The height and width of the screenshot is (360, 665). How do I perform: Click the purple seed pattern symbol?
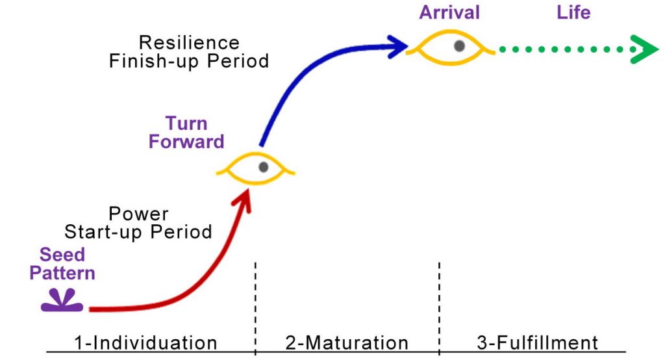(x=62, y=301)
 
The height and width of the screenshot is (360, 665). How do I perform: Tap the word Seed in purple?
(x=62, y=255)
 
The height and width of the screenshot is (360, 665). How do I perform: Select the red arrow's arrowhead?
(x=243, y=200)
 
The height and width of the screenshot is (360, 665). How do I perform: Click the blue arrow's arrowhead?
(x=397, y=46)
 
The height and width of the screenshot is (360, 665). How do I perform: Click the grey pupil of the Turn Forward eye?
(x=264, y=167)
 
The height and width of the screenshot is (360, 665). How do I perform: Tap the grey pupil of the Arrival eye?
(x=459, y=46)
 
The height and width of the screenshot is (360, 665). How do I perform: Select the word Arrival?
(x=449, y=12)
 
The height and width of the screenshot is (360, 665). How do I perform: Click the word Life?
(x=573, y=12)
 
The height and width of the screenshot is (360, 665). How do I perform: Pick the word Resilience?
(x=189, y=43)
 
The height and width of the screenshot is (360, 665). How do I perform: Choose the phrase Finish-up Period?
(x=189, y=61)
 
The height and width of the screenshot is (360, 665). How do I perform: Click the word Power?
(x=139, y=214)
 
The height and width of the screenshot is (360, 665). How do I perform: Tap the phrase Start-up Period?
(x=138, y=232)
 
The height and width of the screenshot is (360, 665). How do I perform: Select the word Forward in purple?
(x=186, y=142)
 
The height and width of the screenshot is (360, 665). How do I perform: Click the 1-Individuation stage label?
(x=145, y=342)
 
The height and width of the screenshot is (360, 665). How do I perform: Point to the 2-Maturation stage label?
(x=347, y=342)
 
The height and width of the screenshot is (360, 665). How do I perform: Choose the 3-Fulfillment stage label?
(x=537, y=342)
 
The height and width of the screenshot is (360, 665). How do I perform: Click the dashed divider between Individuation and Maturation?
(x=255, y=309)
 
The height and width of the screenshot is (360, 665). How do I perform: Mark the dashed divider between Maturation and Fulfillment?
(x=440, y=309)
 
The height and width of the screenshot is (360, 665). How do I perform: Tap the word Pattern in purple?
(x=62, y=273)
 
